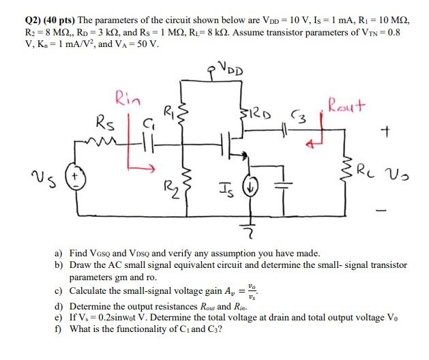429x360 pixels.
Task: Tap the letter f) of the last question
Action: pos(59,329)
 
